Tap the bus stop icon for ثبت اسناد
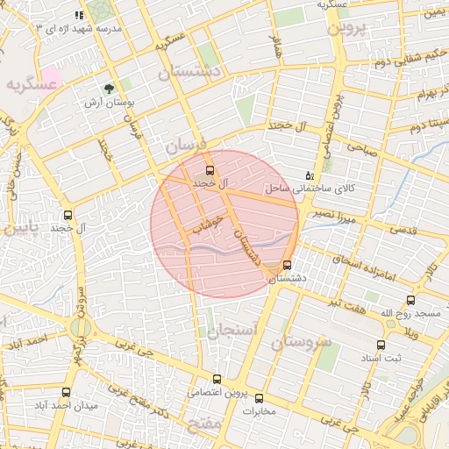point(381,345)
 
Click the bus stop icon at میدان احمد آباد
point(68,391)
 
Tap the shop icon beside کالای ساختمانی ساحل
point(309,175)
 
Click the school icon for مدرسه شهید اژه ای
point(80,15)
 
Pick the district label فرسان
point(182,145)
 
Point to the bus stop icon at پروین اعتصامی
point(217,379)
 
